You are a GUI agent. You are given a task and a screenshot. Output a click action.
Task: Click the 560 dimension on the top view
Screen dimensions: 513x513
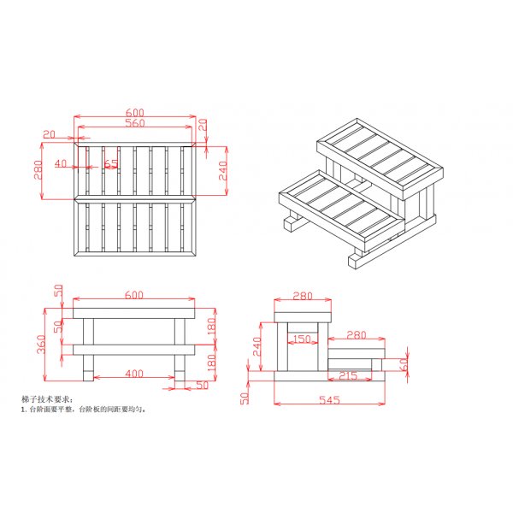point(134,123)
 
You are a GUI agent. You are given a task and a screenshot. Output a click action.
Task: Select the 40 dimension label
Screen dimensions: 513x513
point(60,162)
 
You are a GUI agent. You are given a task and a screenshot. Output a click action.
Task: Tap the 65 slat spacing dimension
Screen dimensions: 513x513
point(111,162)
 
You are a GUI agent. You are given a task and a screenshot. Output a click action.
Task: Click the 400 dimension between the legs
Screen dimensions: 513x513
point(134,374)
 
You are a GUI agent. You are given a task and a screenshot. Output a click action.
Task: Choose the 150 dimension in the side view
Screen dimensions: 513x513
point(301,339)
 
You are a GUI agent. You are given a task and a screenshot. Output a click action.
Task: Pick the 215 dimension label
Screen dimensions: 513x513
point(348,375)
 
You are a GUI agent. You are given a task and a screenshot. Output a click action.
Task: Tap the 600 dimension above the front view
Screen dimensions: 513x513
point(134,294)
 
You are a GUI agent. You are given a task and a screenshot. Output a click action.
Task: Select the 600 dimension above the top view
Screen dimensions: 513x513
point(134,112)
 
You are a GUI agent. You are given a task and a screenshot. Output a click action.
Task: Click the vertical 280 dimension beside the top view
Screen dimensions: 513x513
point(37,170)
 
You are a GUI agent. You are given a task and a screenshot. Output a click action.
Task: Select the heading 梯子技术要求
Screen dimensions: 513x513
point(46,399)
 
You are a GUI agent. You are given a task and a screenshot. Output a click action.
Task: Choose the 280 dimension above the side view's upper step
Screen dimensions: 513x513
point(302,296)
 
